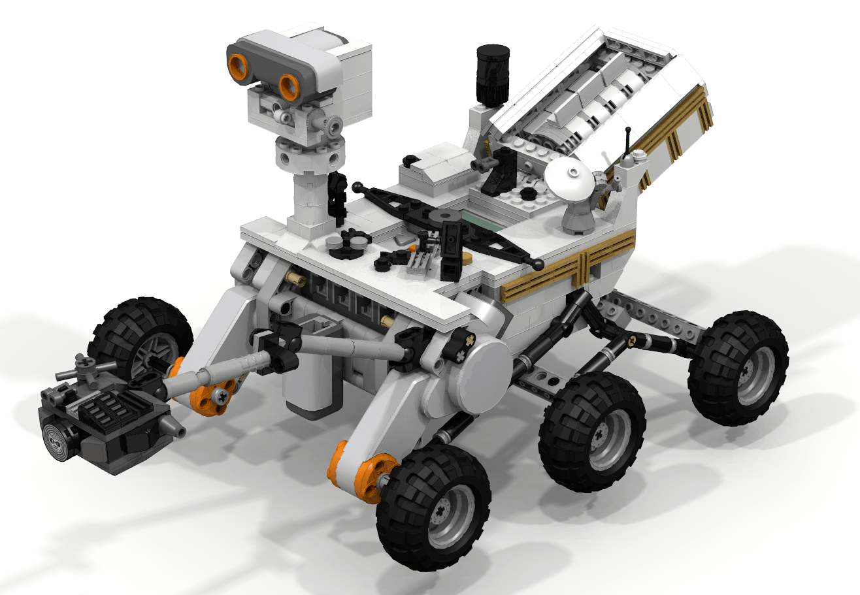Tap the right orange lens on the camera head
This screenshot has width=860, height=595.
[288, 86]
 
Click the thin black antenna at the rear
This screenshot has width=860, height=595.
[629, 144]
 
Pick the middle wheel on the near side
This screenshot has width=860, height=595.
[592, 432]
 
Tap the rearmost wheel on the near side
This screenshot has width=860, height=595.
[738, 368]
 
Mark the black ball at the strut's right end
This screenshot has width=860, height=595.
[538, 264]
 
